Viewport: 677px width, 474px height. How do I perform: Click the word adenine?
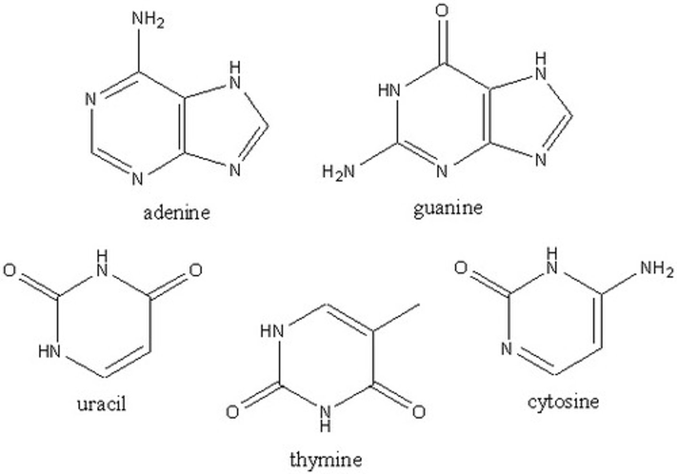point(176,213)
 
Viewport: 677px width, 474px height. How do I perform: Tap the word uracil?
point(102,403)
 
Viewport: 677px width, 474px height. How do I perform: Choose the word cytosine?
point(563,402)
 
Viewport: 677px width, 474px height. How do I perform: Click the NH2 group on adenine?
point(147,20)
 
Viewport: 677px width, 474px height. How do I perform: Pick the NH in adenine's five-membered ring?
point(235,75)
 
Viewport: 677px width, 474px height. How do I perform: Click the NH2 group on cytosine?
point(657,269)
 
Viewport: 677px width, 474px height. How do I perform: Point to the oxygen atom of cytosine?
point(462,268)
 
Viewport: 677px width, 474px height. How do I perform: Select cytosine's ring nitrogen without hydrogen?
point(506,349)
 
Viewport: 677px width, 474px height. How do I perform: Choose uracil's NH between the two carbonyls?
point(102,263)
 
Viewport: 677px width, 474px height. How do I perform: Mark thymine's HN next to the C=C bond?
point(272,331)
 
